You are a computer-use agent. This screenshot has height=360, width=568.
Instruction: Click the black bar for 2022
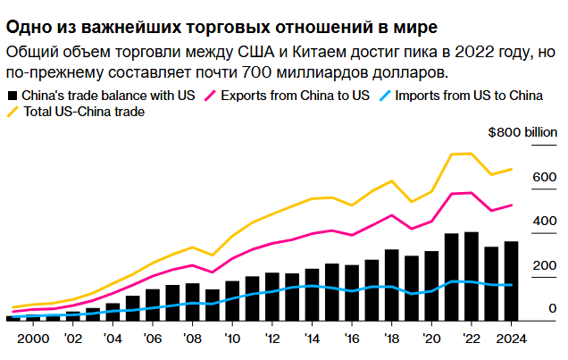point(472,277)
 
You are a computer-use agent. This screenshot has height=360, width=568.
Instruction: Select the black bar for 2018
point(391,285)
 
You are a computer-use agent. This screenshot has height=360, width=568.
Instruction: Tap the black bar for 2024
point(511,281)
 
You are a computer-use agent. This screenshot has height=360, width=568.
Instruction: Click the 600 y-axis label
point(545,177)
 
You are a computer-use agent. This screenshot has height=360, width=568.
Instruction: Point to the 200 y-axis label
point(545,265)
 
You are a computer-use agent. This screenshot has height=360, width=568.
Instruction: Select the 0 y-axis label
point(552,308)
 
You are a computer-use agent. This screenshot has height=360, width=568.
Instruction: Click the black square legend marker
point(12,95)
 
